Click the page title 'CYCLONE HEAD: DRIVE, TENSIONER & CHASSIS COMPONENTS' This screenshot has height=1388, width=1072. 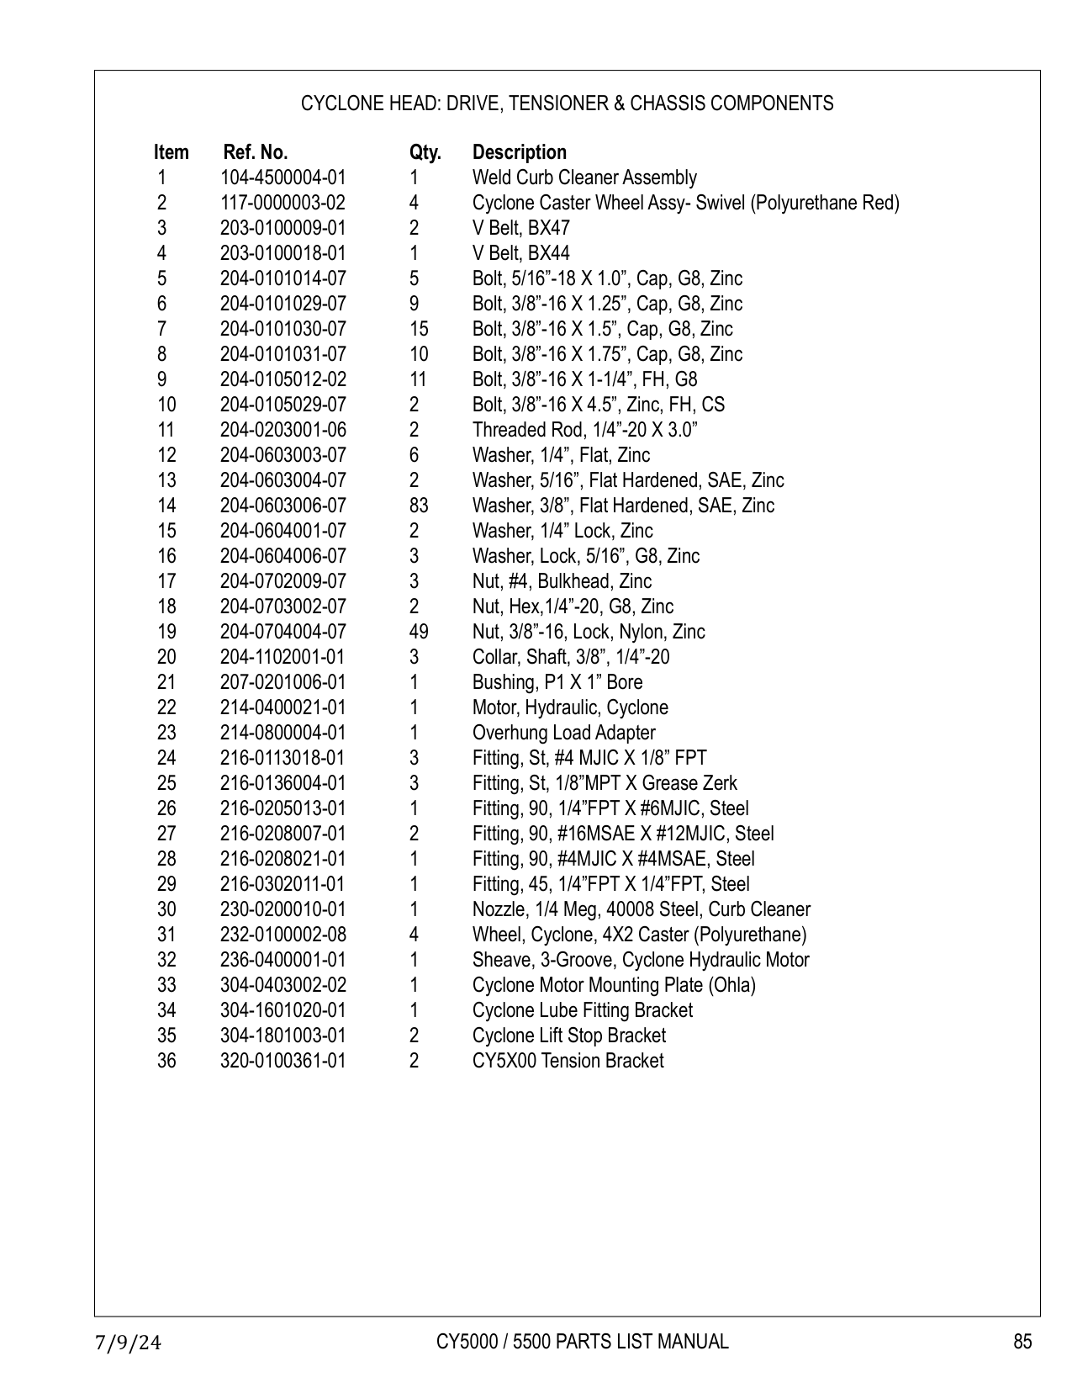567,103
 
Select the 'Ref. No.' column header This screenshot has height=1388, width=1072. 255,152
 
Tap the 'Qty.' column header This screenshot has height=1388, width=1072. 425,152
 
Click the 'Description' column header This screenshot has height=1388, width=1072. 519,152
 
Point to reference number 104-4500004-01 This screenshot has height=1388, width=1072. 283,177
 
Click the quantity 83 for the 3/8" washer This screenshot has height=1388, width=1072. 418,506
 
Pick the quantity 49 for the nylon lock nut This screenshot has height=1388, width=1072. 418,632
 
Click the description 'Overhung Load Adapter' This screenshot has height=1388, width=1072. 563,733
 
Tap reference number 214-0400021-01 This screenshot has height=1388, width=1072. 283,707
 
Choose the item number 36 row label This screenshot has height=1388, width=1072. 166,1061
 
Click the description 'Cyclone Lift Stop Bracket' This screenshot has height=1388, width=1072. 568,1036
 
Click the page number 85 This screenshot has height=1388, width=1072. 1022,1342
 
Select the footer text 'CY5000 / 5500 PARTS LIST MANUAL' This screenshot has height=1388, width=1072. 582,1342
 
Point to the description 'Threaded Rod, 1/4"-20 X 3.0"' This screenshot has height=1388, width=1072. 584,430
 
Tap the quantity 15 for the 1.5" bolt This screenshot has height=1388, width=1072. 418,329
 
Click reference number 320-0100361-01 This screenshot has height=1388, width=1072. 283,1061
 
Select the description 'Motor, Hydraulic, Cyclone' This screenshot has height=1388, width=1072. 570,707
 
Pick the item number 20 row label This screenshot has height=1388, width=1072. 166,657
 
